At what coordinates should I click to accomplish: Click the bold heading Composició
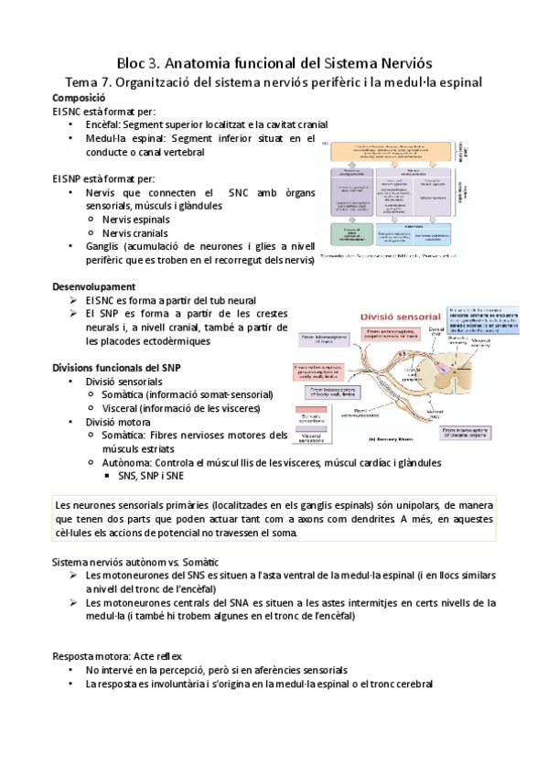click(x=80, y=97)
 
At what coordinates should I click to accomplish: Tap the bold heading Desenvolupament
click(x=95, y=286)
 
